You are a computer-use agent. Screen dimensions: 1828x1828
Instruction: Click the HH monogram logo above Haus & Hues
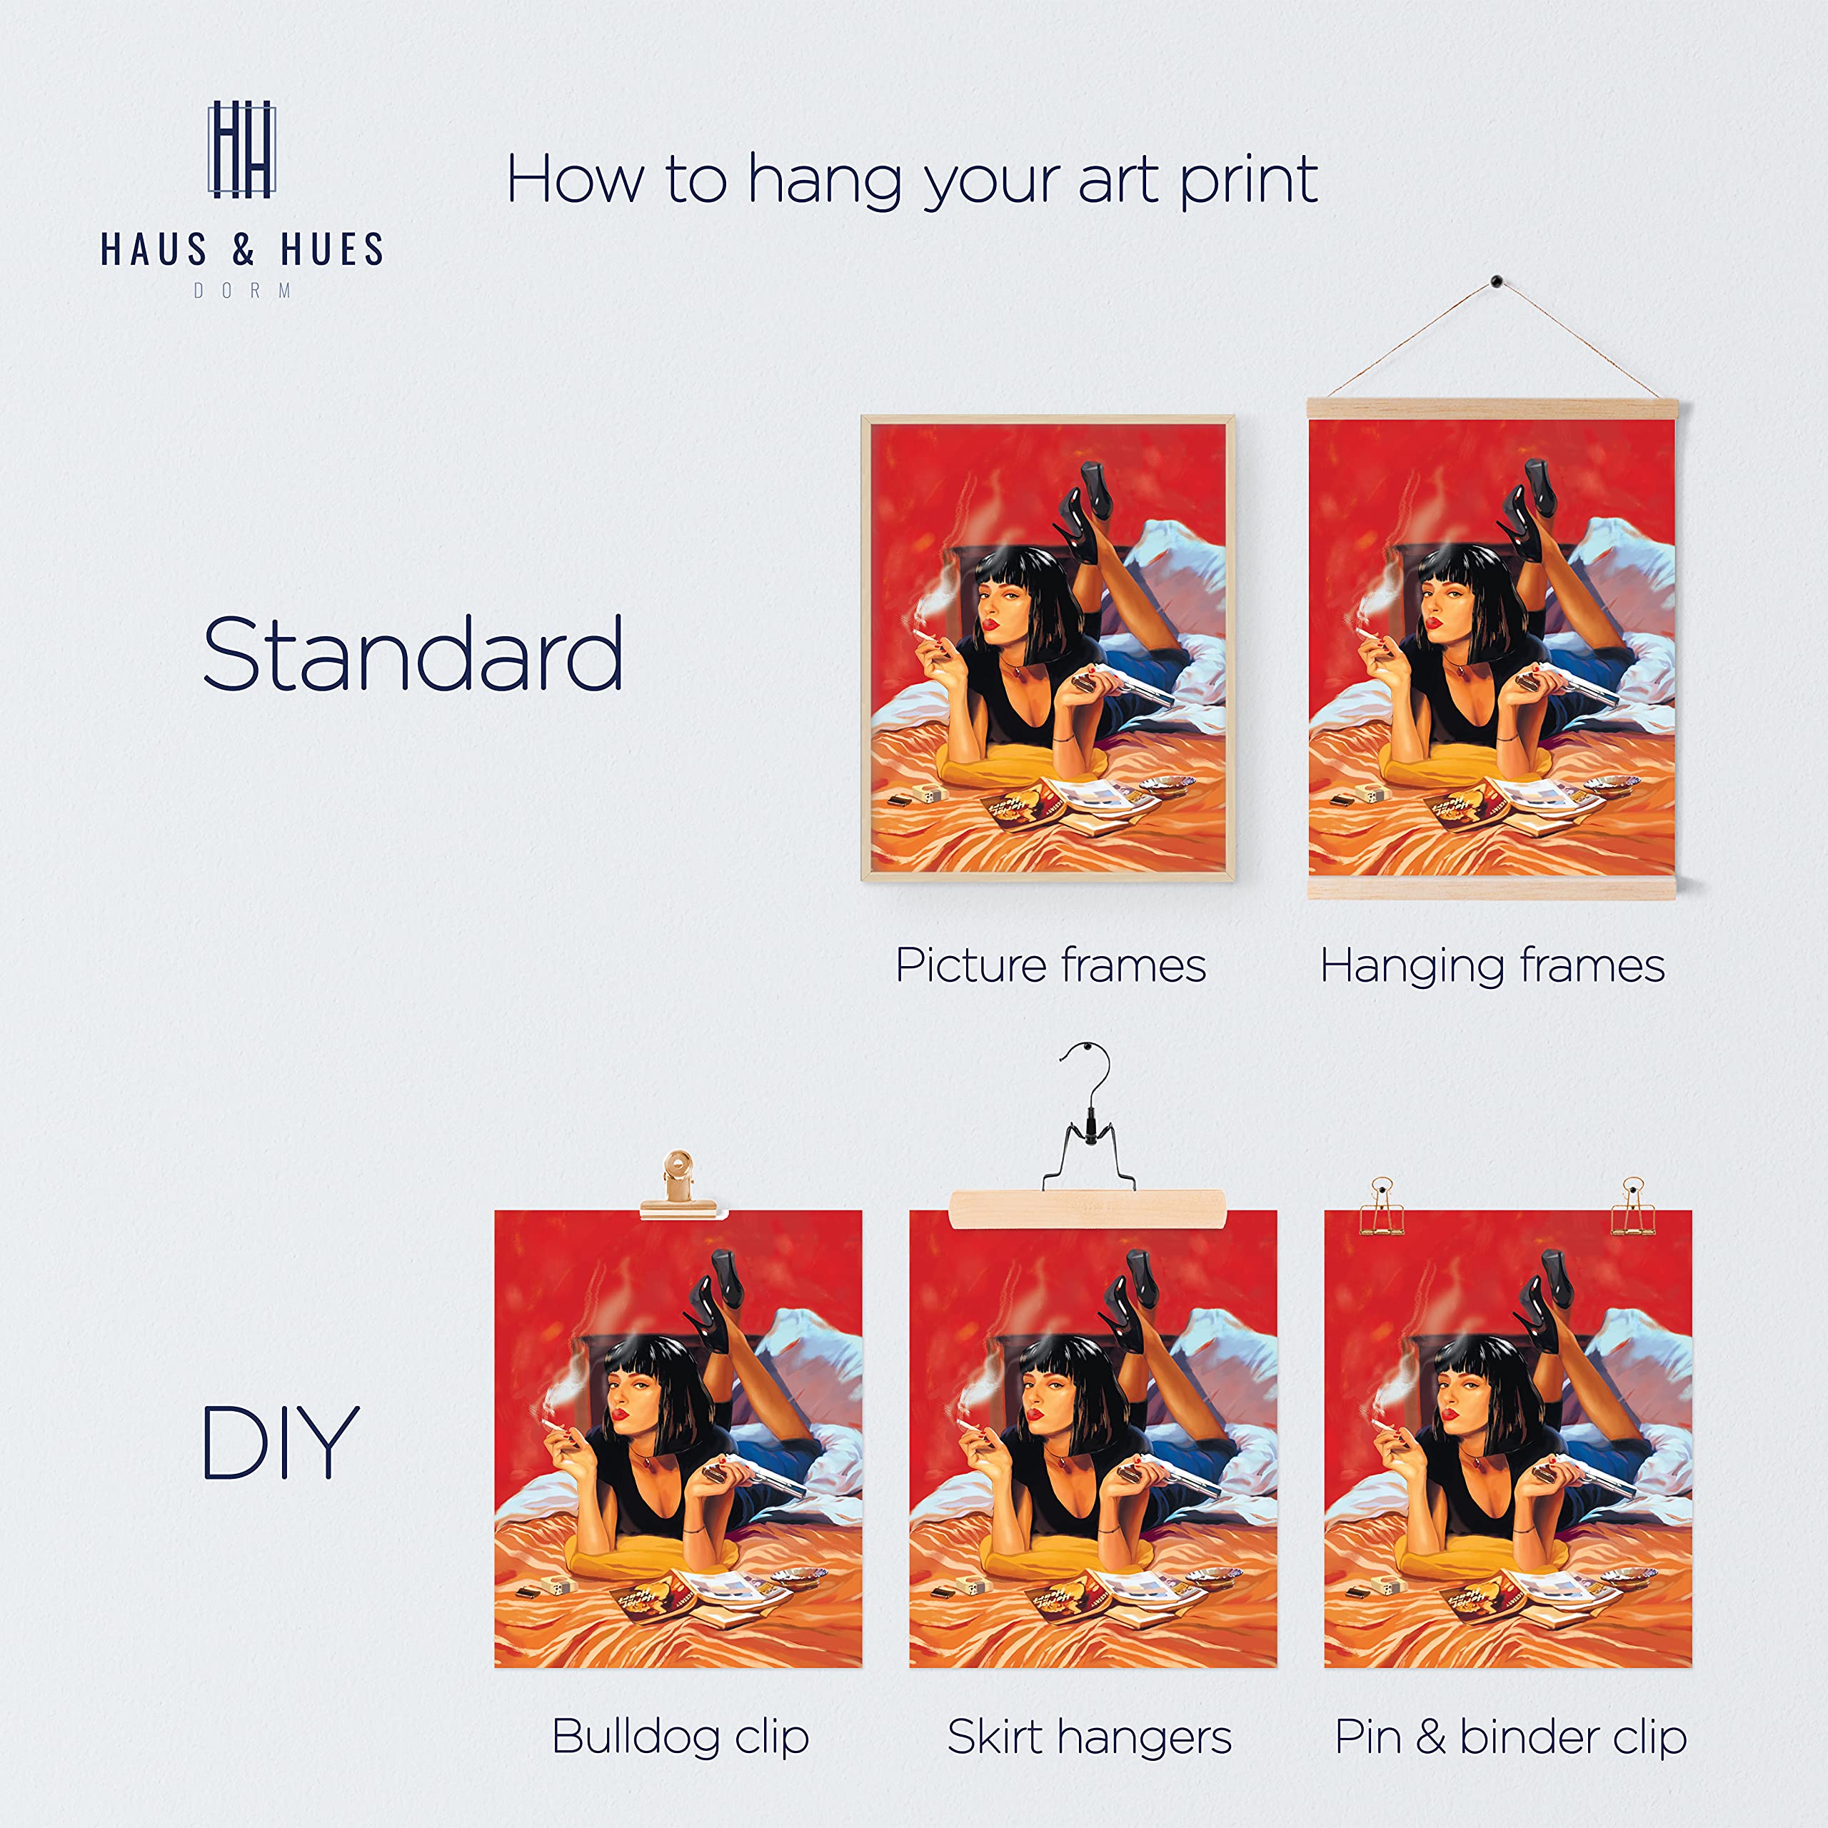tap(241, 149)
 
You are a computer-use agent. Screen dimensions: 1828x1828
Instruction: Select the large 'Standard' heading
tap(413, 654)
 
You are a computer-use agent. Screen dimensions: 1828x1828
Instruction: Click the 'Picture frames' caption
tap(1050, 966)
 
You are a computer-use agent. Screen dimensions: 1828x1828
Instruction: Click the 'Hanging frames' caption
tap(1492, 966)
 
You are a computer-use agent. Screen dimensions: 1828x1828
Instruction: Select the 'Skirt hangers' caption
tap(1089, 1735)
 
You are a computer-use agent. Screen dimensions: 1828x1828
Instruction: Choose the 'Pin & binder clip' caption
tap(1510, 1735)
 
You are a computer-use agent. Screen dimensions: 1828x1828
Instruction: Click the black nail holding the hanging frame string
tap(1496, 281)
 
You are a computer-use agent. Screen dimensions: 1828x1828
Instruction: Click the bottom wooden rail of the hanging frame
tap(1492, 888)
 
